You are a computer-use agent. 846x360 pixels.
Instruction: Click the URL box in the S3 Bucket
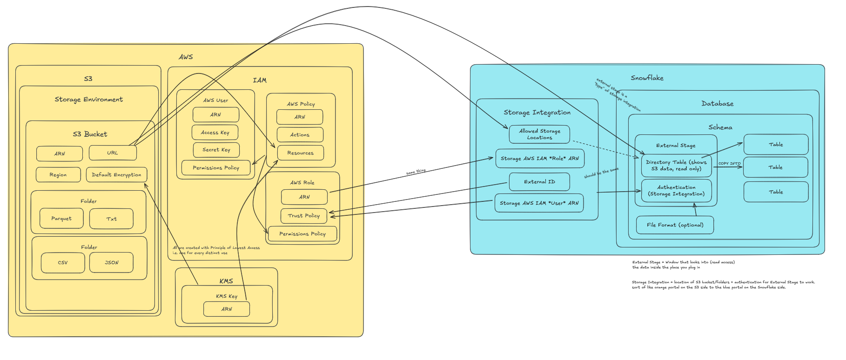click(x=113, y=153)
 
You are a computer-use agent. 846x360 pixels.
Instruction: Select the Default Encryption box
click(x=116, y=175)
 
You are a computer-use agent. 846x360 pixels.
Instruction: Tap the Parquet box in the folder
click(x=61, y=219)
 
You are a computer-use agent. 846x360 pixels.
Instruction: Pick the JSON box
click(x=111, y=263)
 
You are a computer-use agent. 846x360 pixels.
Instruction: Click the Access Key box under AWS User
click(x=215, y=133)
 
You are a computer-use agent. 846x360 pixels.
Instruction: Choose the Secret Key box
click(x=216, y=150)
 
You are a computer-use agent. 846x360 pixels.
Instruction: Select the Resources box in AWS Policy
click(x=300, y=153)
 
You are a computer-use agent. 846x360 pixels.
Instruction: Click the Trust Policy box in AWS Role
click(x=304, y=216)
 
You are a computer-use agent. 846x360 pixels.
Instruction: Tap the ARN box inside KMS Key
click(x=227, y=309)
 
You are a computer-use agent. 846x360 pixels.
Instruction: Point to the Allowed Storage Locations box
click(x=539, y=134)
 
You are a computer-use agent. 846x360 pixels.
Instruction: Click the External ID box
click(x=539, y=182)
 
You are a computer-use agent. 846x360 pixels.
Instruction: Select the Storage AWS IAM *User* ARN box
click(x=539, y=203)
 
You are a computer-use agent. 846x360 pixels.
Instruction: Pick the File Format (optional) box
click(x=675, y=225)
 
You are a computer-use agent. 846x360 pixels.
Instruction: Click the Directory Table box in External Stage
click(x=676, y=166)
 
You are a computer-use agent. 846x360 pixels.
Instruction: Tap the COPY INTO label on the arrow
click(x=729, y=163)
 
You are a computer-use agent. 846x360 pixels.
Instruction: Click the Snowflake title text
click(x=647, y=78)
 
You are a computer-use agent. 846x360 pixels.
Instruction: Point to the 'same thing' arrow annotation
click(x=416, y=172)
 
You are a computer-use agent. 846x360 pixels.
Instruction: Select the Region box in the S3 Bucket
click(x=58, y=175)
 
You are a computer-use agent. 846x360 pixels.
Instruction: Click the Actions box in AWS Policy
click(x=300, y=135)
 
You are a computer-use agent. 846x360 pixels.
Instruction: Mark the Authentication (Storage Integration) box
click(x=676, y=191)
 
